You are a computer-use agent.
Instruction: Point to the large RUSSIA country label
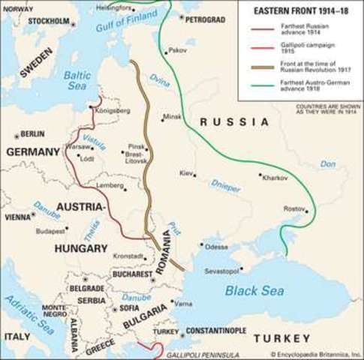pyautogui.click(x=234, y=121)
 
